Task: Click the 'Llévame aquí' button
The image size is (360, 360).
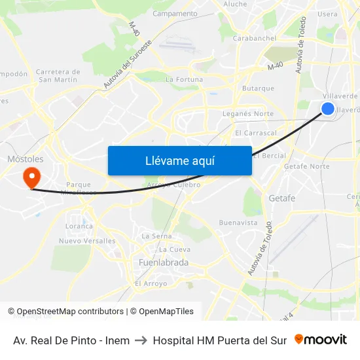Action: coord(179,160)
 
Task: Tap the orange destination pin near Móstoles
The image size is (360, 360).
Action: coord(31,177)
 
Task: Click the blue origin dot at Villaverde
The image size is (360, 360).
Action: coord(328,109)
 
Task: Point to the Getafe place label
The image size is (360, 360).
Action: coord(282,198)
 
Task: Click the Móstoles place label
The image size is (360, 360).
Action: coord(25,159)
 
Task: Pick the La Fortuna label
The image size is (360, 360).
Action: coord(184,80)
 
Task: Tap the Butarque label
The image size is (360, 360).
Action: coord(258,88)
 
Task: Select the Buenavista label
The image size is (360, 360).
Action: coord(238,223)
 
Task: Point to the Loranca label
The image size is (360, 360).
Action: coord(79,226)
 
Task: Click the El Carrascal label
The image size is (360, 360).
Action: coord(256,133)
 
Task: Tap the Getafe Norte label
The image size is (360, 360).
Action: coord(306,166)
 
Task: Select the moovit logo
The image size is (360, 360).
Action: coord(320,340)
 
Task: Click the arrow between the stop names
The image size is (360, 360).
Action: coord(141,340)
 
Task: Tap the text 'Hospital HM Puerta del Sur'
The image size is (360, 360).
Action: coord(219,340)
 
